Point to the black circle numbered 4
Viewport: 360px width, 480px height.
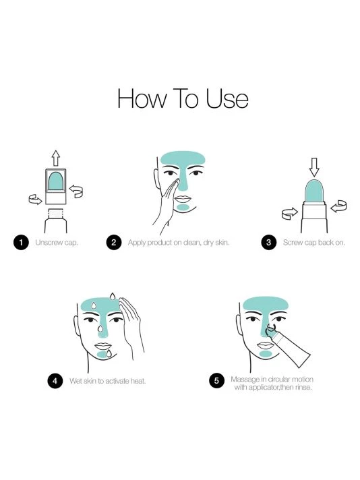(55, 381)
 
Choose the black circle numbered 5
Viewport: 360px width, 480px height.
(216, 381)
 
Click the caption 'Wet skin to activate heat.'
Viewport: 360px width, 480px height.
(108, 381)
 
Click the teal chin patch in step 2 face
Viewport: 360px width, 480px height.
(181, 208)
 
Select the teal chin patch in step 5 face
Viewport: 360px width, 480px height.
(265, 353)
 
